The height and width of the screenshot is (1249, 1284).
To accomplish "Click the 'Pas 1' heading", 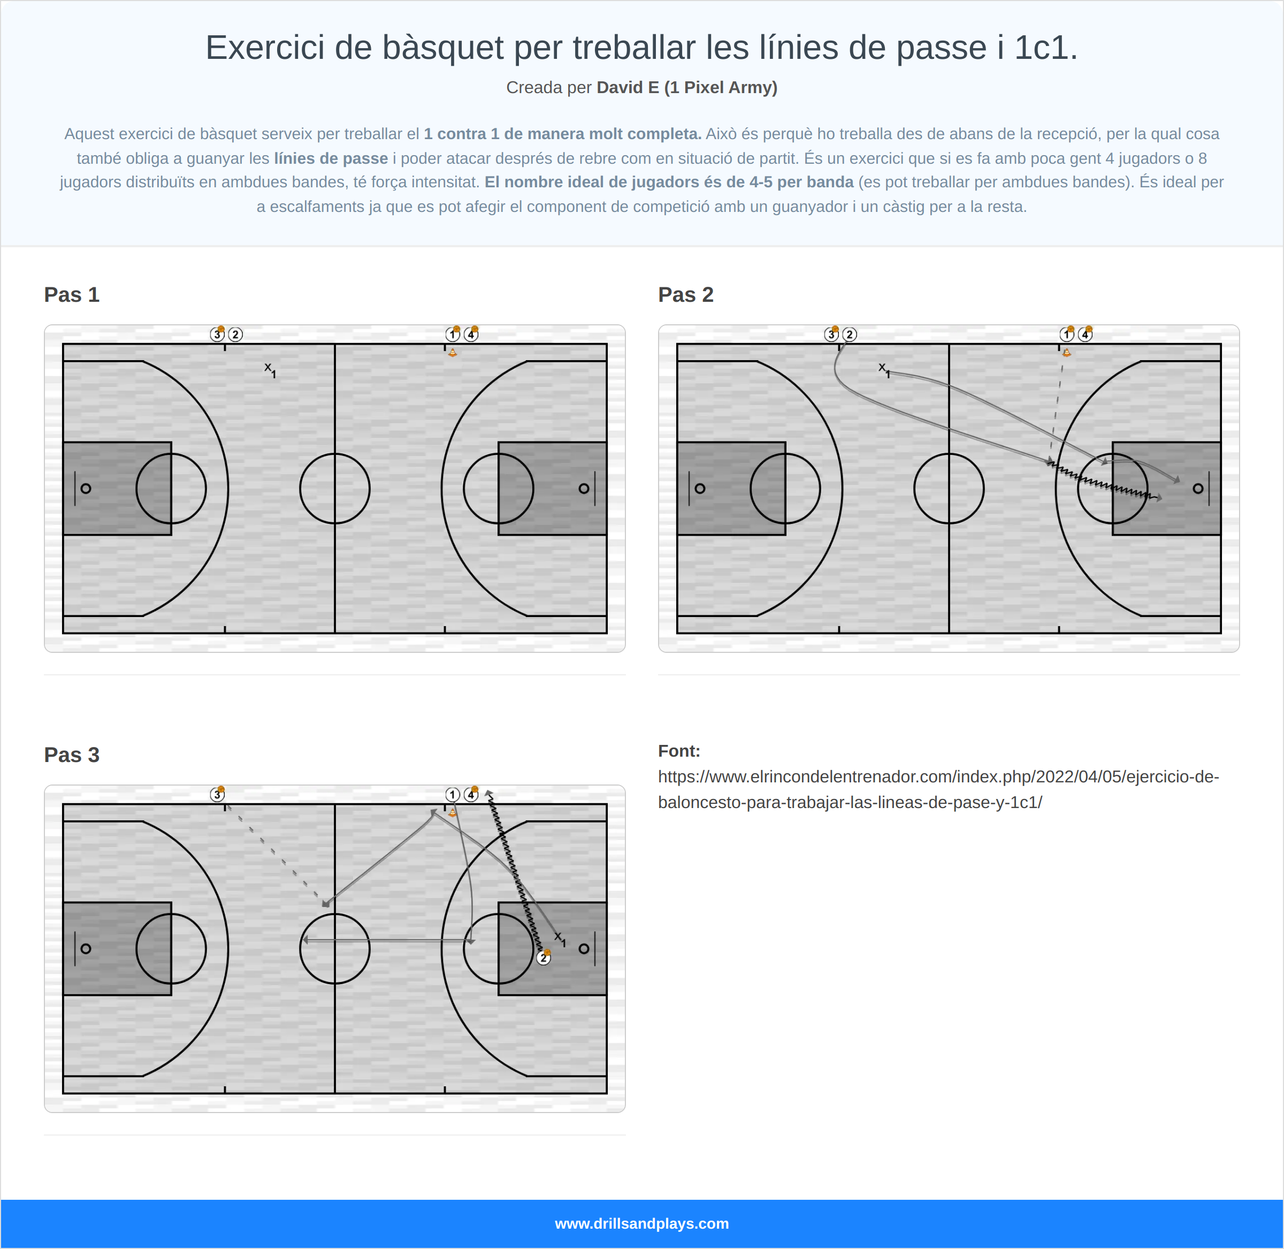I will (72, 294).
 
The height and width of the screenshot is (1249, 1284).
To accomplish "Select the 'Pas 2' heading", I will (685, 294).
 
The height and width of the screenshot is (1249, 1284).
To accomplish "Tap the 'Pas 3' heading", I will (72, 755).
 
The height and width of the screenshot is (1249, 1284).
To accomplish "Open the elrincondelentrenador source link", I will (938, 789).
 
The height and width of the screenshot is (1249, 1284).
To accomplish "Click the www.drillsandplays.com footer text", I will (641, 1223).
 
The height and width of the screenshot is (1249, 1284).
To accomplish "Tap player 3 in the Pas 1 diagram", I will (217, 334).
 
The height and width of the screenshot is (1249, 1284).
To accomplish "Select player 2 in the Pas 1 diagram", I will (235, 334).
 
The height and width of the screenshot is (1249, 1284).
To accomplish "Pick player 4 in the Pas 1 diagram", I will (471, 334).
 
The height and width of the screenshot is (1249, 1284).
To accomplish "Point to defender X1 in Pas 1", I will (270, 369).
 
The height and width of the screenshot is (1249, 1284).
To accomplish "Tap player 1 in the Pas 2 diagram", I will (1066, 334).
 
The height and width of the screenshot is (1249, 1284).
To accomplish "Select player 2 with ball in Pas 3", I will (543, 958).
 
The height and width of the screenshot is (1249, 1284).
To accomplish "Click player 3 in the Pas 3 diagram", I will (217, 794).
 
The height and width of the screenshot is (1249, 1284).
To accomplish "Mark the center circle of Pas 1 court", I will (334, 489).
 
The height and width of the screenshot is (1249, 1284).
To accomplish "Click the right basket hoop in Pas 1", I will (584, 489).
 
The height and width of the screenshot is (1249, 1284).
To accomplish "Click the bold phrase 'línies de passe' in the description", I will (331, 158).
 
